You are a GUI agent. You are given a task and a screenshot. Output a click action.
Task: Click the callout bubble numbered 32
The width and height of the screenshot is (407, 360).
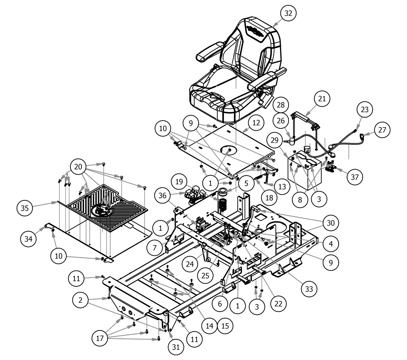(288, 13)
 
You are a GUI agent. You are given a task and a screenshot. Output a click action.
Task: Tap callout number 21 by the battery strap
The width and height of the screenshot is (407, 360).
(322, 99)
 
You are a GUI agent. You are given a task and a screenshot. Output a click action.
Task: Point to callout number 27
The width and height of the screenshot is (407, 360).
(382, 130)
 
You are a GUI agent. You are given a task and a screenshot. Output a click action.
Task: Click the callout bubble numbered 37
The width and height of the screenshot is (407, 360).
(355, 177)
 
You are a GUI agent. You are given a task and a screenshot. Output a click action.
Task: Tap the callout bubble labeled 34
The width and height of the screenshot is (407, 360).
(28, 239)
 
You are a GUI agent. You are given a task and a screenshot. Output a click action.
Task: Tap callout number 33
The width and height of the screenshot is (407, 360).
(309, 289)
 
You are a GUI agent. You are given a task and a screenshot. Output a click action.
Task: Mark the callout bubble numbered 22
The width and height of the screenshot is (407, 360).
(279, 304)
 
